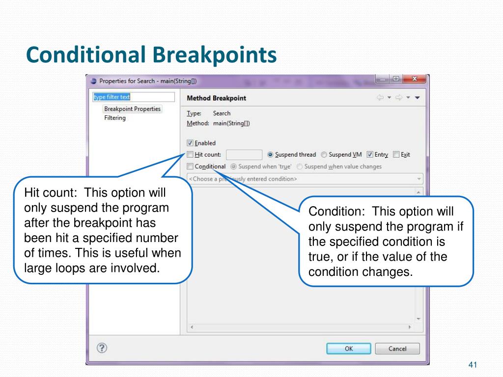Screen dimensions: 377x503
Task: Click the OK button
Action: point(348,349)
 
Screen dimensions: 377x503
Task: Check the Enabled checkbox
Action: point(191,143)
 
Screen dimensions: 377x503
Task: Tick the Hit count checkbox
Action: point(191,155)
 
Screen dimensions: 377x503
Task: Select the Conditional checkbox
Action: point(191,166)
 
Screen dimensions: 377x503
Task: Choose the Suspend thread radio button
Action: point(270,155)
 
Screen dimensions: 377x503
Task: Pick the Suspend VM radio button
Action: point(324,155)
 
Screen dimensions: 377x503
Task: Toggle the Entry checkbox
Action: point(370,155)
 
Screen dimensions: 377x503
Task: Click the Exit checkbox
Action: point(396,155)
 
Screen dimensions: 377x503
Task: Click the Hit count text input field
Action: point(244,155)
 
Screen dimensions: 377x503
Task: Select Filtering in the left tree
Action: point(115,118)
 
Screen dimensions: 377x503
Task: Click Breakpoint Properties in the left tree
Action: point(132,109)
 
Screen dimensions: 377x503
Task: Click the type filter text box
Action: point(134,97)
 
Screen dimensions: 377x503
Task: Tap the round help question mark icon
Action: point(102,348)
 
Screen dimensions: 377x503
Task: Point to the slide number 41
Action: point(473,365)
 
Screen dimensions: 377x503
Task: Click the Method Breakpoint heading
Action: point(217,98)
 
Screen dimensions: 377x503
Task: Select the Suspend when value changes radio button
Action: point(300,166)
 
